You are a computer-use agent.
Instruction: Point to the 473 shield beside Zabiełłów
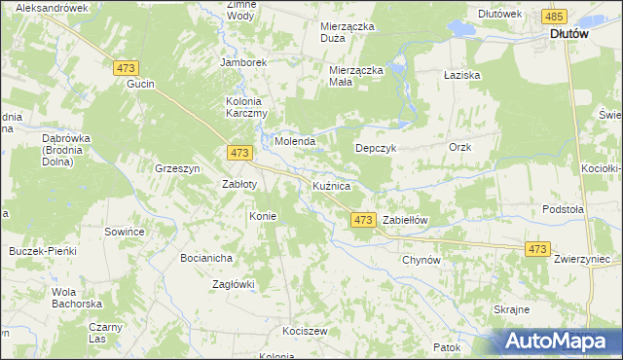click(362, 220)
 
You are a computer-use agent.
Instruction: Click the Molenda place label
click(294, 141)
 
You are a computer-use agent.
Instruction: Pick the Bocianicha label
click(205, 258)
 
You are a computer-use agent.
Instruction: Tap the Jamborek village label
click(243, 61)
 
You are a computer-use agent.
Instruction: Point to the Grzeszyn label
click(177, 167)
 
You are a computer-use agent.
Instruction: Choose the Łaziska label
click(460, 74)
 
